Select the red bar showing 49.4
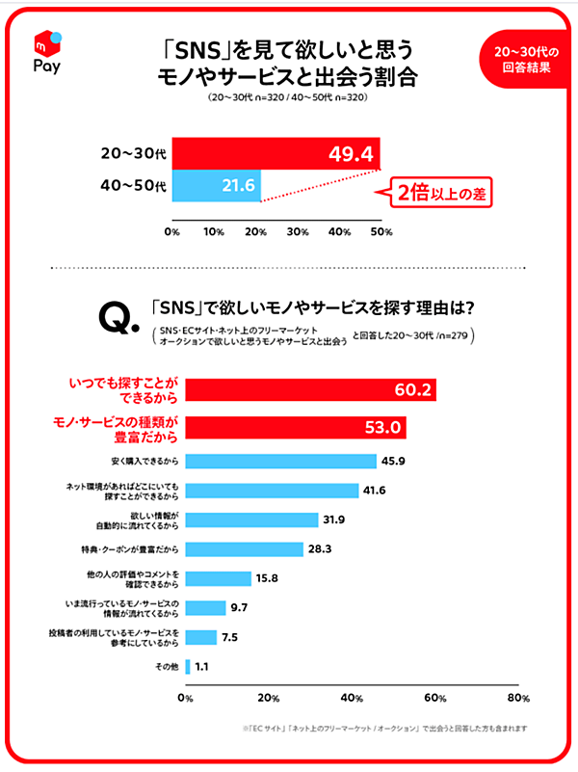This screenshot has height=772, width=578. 276,153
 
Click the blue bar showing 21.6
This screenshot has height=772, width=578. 217,184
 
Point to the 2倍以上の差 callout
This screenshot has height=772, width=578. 439,194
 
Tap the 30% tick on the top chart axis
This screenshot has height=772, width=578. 298,232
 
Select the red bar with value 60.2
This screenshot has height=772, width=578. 311,390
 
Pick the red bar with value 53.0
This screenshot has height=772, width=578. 296,427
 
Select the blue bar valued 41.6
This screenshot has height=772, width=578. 272,491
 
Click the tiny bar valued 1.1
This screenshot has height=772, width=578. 188,666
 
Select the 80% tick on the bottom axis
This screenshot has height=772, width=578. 518,698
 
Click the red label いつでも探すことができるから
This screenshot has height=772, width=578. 127,390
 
